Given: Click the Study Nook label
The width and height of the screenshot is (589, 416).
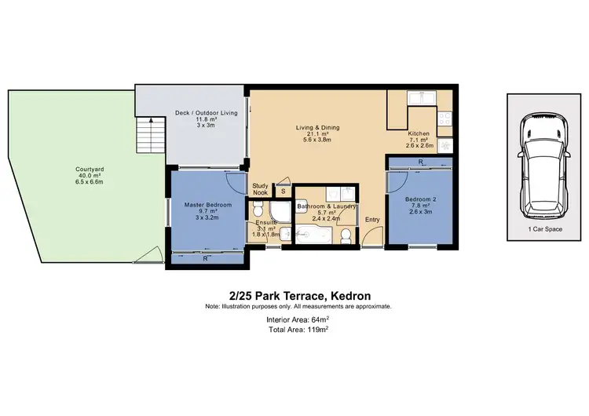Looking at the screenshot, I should tap(260, 190).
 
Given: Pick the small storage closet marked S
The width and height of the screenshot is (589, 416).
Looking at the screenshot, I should tap(283, 191).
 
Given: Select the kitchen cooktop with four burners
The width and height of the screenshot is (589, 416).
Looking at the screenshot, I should tap(444, 119).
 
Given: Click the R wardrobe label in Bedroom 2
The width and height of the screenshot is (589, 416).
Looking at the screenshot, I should tap(422, 162).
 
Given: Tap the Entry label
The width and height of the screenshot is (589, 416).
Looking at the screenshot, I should tap(372, 220).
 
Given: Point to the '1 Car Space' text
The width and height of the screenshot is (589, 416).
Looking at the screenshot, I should tap(541, 229).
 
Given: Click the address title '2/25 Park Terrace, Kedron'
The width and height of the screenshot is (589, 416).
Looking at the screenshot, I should tap(298, 295).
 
